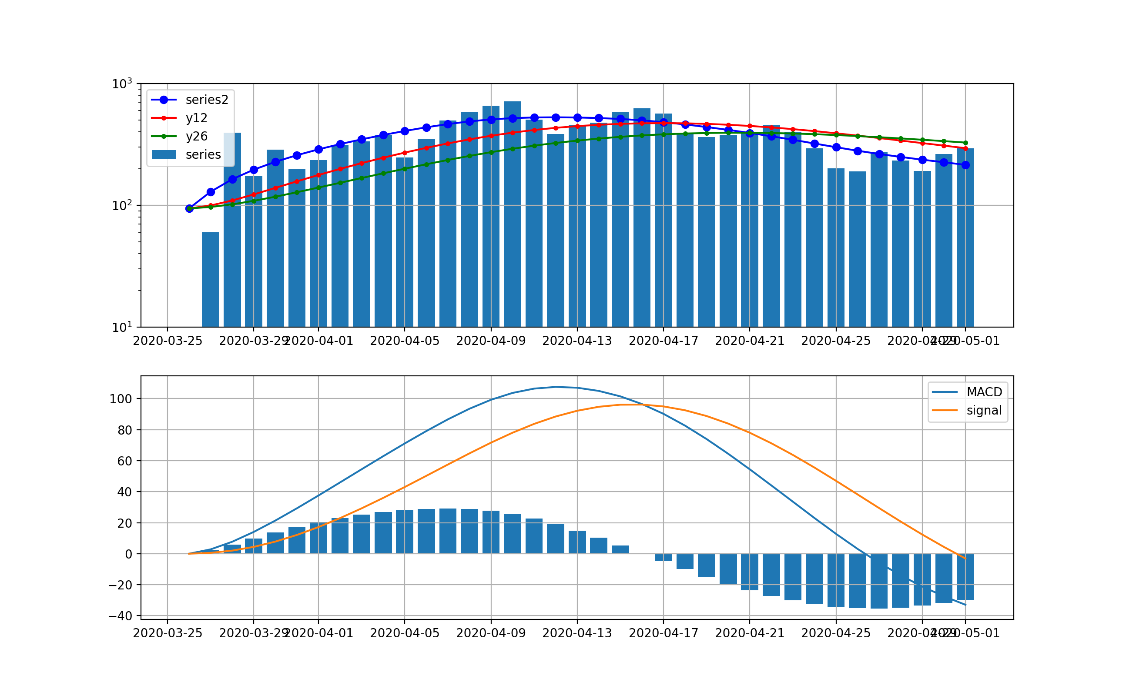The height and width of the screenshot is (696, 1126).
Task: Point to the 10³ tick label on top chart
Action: pos(122,84)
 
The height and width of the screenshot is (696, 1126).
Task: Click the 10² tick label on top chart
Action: pos(122,206)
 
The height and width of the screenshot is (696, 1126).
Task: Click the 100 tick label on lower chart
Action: pos(121,399)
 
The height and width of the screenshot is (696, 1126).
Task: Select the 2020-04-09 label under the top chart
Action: pos(491,341)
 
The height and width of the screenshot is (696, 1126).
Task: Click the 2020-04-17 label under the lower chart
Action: pos(664,633)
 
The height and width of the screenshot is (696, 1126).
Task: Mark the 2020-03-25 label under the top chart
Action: pos(168,341)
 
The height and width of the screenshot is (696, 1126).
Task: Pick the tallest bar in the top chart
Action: pos(513,214)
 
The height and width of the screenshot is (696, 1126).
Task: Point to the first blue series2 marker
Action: pos(189,208)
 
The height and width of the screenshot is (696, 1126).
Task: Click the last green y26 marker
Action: pos(965,143)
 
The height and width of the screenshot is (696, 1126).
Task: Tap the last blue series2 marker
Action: pos(965,165)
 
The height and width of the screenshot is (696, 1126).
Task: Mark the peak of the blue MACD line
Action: pos(556,387)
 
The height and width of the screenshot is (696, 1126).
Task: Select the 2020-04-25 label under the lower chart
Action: pos(836,633)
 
